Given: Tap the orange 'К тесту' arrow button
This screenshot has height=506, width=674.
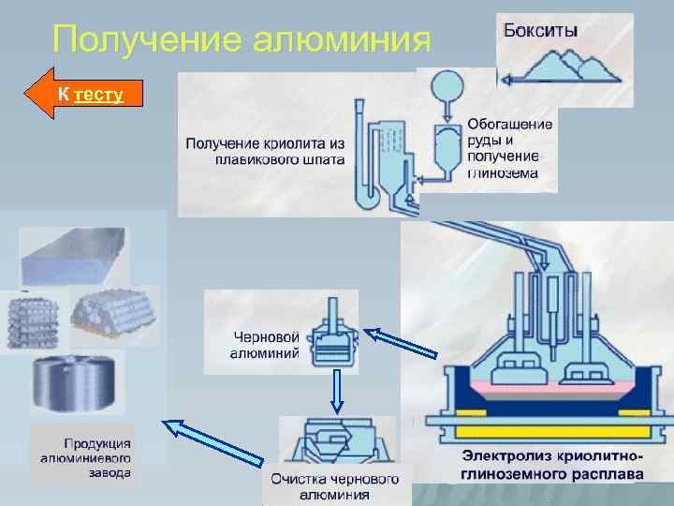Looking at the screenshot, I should click(89, 94).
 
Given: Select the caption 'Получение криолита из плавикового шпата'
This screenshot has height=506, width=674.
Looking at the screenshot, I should click(266, 151).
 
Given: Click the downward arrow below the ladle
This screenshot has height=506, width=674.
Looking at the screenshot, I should click(334, 392).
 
